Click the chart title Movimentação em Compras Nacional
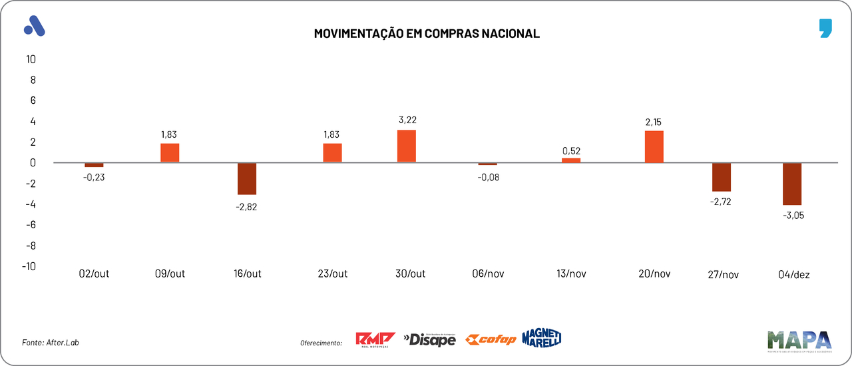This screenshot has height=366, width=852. tap(426, 33)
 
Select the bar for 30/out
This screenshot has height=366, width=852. tap(407, 146)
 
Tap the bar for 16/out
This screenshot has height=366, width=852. tap(247, 178)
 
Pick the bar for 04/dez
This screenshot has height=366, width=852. tap(792, 184)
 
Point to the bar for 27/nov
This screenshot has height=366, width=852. tap(722, 177)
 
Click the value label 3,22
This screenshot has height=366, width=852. tap(407, 120)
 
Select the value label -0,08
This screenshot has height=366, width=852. tap(488, 177)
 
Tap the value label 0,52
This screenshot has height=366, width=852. tap(571, 150)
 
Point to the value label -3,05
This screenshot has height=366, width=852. tap(792, 215)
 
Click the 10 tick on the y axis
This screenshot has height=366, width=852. tap(31, 59)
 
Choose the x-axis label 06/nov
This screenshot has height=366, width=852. tap(488, 274)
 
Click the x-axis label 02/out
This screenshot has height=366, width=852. tap(94, 274)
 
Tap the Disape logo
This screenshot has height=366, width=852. tap(430, 339)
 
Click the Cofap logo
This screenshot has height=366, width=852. tap(491, 340)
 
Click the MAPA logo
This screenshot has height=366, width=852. tap(799, 341)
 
